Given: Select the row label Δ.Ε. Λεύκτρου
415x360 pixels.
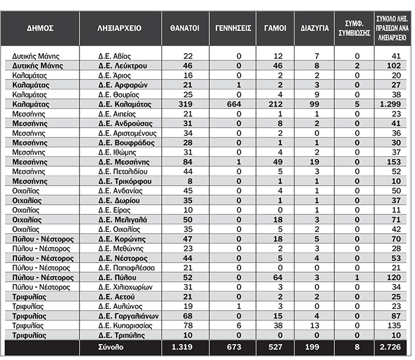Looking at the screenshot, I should tap(123, 65).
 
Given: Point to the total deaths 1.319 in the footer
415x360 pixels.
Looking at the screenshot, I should tap(184, 346).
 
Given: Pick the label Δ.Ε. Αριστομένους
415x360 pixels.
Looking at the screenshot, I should tap(126, 133).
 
